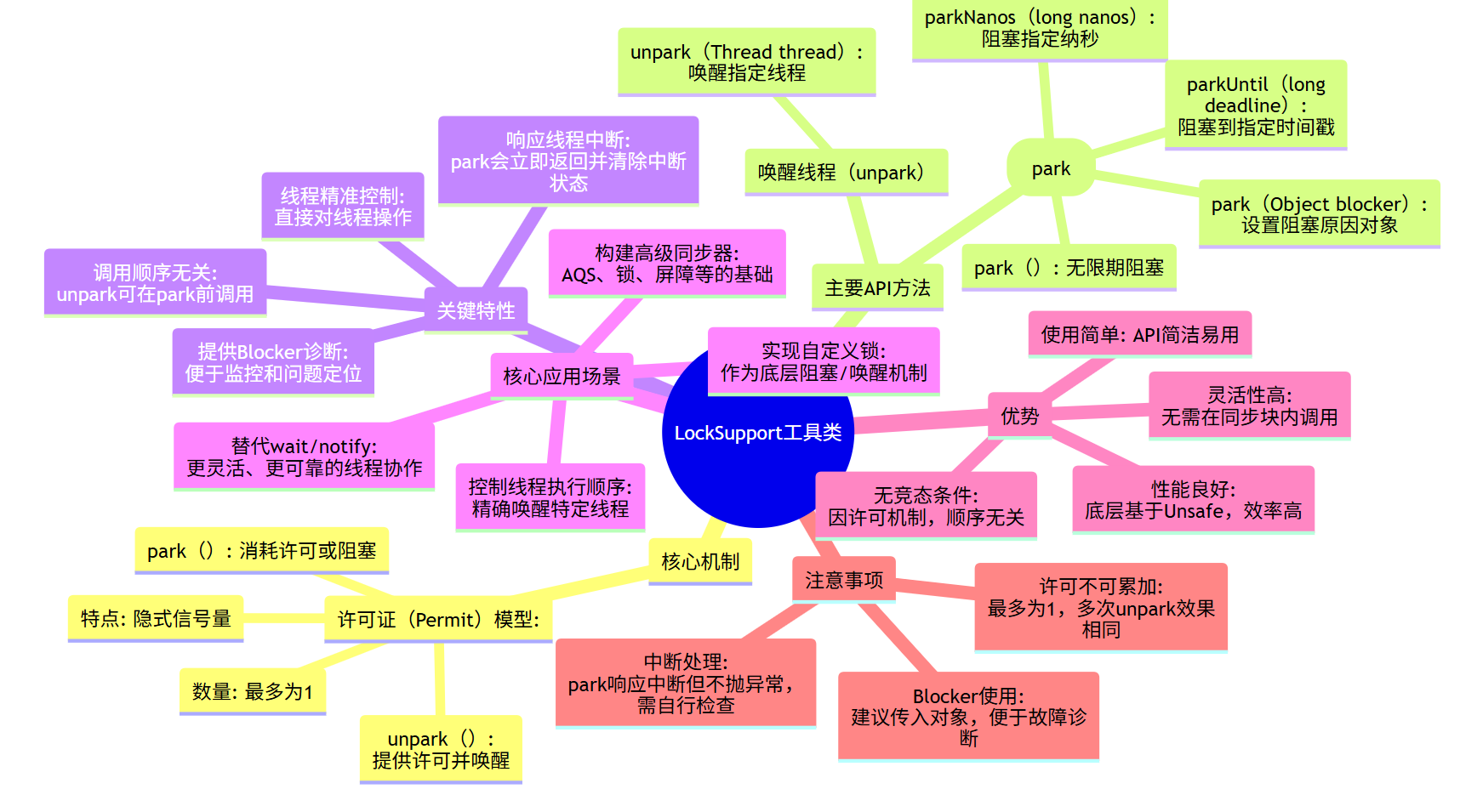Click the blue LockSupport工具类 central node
tap(757, 459)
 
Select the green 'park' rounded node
tap(1051, 168)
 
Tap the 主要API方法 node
tap(877, 288)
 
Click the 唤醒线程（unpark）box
tap(846, 173)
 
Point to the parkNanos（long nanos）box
tap(1039, 28)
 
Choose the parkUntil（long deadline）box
tap(1255, 105)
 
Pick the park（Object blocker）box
tap(1319, 214)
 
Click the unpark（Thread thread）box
tap(746, 62)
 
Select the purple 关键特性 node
tap(476, 310)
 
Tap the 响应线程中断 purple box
tap(567, 161)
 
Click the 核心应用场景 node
tap(562, 376)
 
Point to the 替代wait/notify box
tap(304, 457)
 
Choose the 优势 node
tap(1019, 416)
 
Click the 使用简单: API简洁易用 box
tap(1139, 334)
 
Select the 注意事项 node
tap(843, 580)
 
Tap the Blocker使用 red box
tap(968, 716)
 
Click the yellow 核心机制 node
tap(699, 561)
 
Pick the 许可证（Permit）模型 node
tap(438, 619)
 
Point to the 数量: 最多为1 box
tap(252, 691)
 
